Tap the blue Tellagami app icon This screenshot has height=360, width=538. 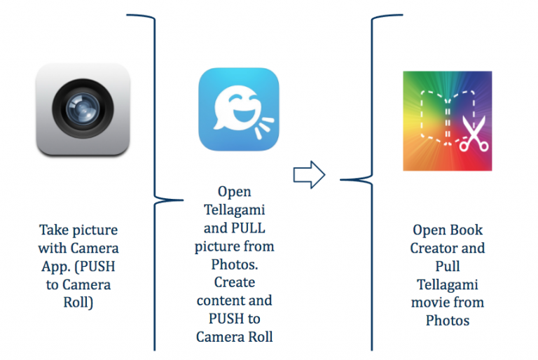click(239, 109)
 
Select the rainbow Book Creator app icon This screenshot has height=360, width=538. click(447, 120)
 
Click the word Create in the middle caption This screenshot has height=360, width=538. click(235, 282)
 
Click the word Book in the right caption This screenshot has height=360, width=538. click(467, 230)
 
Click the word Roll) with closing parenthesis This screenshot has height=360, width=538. click(78, 303)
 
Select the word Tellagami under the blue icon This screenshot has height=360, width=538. click(234, 209)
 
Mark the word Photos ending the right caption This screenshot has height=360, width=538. click(447, 321)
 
